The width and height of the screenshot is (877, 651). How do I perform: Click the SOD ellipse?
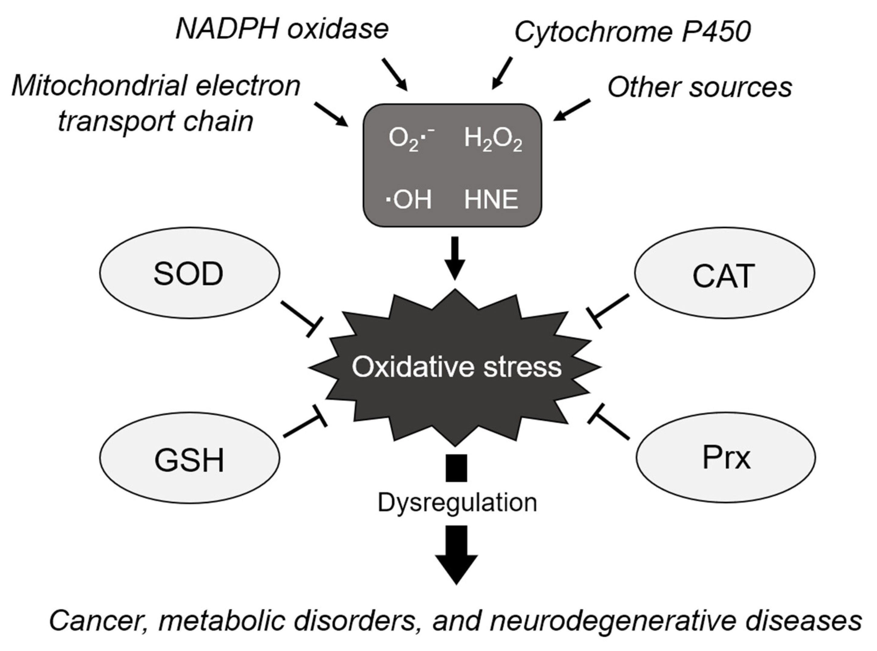(189, 273)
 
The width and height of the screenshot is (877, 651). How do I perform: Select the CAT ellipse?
(724, 273)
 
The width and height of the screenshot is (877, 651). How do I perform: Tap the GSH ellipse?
(189, 458)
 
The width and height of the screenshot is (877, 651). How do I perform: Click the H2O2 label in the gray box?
(493, 139)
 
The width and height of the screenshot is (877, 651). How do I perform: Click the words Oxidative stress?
(456, 366)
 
